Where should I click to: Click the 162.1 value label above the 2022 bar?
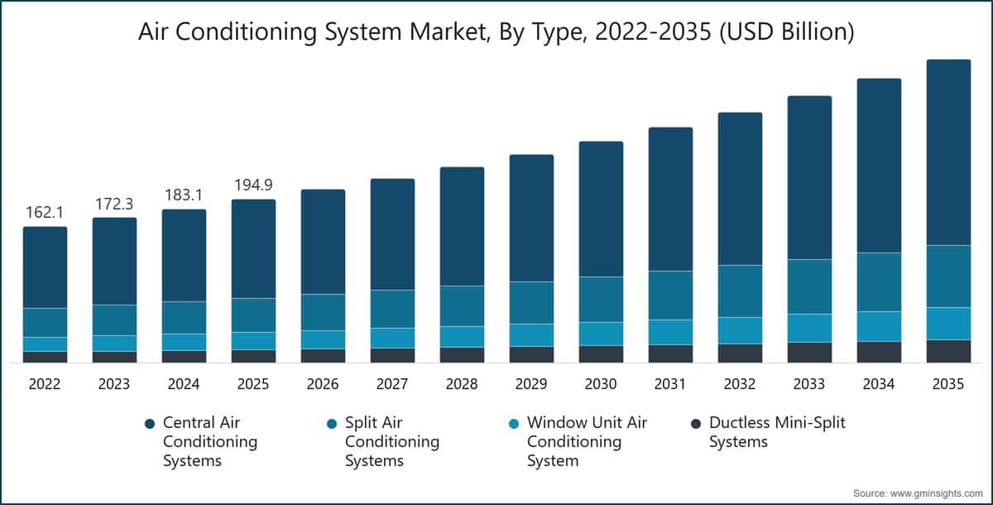45,213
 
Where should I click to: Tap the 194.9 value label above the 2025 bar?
253,185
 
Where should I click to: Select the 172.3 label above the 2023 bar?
114,204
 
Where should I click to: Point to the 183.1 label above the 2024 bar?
184,195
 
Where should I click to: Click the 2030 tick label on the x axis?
601,384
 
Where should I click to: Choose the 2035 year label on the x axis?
948,384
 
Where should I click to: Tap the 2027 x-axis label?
392,384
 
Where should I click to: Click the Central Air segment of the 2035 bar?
948,152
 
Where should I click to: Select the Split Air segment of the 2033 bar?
809,286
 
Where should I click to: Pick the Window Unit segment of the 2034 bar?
879,326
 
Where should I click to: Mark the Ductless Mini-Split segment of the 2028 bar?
462,354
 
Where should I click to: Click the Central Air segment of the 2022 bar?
45,267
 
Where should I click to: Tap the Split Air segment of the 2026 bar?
323,312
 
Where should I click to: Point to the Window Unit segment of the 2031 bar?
670,332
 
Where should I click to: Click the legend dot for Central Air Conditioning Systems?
149,424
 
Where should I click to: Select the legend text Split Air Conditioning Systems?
391,441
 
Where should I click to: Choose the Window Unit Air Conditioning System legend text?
586,441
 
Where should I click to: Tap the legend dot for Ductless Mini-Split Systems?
695,424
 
